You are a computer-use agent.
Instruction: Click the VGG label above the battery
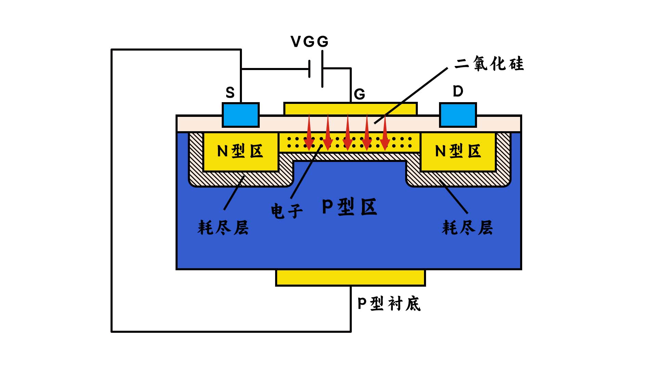(310, 42)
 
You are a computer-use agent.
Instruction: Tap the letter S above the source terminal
(230, 92)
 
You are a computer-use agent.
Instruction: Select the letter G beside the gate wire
(360, 94)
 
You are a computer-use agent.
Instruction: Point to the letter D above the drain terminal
(458, 91)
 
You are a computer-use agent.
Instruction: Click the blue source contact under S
(241, 115)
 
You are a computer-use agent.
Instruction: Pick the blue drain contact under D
(458, 115)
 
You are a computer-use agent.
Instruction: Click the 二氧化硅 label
(489, 64)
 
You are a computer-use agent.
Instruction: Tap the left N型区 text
(240, 151)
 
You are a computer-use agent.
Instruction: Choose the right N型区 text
(458, 151)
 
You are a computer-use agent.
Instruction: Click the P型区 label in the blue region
(350, 207)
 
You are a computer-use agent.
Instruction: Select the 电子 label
(287, 211)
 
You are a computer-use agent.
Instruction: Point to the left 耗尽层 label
(223, 228)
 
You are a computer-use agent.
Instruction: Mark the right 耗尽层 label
(467, 228)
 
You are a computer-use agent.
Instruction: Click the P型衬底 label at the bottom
(389, 303)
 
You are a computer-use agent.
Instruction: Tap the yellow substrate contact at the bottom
(350, 277)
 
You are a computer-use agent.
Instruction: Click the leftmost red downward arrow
(309, 132)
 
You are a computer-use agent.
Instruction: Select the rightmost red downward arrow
(385, 132)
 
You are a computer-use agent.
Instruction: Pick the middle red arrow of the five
(347, 132)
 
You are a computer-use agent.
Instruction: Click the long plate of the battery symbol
(322, 69)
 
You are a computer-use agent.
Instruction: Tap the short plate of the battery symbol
(309, 69)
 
